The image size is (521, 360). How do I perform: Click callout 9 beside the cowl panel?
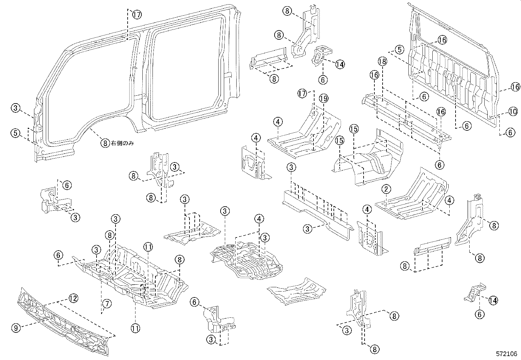pos(16,327)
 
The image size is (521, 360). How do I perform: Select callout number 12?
pos(73,298)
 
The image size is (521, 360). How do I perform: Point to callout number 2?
pos(386,189)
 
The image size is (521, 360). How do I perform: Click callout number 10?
pos(513,112)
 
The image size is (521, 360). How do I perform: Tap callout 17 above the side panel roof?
pos(137,14)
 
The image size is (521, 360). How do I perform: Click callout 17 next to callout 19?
pos(303,94)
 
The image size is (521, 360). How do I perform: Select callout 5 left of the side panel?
pos(15,133)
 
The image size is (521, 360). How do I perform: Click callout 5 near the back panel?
pos(399,50)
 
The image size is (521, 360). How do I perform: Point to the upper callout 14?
pos(340,65)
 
